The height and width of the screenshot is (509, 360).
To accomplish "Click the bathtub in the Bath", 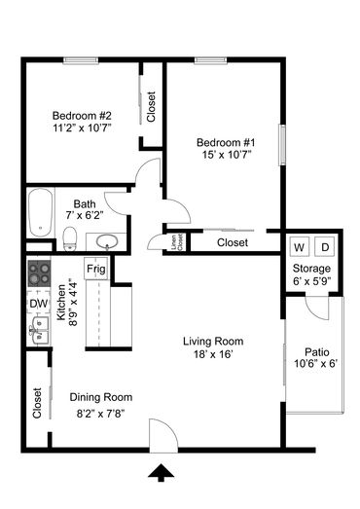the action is point(40,212).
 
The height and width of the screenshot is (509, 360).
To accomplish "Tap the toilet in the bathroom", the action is point(69,238).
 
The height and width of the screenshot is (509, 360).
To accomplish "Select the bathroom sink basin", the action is point(107,241).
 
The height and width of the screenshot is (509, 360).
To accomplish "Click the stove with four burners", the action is point(39,273).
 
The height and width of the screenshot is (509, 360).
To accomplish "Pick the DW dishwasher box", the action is point(39,304).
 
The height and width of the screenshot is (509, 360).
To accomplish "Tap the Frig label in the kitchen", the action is point(96,269).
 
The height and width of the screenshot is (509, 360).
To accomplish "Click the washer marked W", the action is point(299,247).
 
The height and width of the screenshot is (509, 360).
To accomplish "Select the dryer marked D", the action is point(325,247).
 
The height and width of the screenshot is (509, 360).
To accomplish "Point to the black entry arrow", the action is point(161,473).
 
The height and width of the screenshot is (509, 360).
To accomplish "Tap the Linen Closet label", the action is point(177,242).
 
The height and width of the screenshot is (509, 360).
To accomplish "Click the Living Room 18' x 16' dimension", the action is point(213,354).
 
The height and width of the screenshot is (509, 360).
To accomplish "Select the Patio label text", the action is point(317,352).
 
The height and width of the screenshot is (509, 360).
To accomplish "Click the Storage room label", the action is point(311,269).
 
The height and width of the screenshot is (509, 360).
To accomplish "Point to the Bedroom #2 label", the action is point(82,116).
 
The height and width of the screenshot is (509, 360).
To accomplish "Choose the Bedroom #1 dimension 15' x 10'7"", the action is point(227,155).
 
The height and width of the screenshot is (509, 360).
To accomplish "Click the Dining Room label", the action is point(101,397).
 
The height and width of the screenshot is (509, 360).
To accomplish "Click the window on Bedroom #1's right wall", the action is point(283,145).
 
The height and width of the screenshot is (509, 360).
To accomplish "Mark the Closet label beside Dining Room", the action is point(37,403).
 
